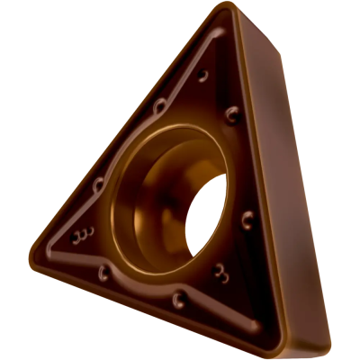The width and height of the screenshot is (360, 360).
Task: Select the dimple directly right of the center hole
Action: coord(247,216)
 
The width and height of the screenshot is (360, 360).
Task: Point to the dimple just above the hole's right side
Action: coord(232,113)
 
